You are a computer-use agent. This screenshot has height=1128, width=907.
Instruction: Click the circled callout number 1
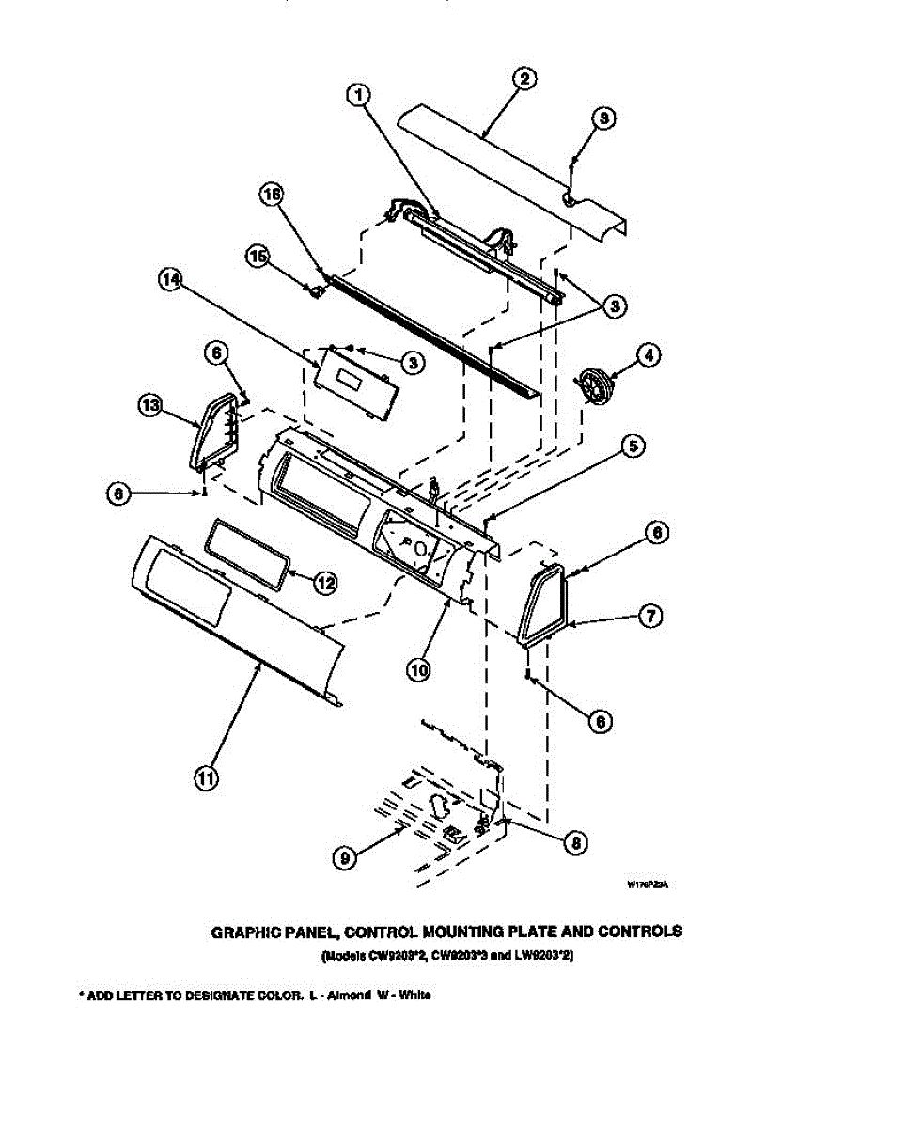tap(358, 94)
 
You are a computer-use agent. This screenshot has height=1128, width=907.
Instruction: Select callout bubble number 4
tap(648, 355)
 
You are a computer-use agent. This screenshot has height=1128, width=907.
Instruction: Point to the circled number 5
tap(635, 447)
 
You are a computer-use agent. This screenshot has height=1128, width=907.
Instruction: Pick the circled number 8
tap(575, 843)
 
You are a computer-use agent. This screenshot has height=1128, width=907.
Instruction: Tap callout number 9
tap(345, 857)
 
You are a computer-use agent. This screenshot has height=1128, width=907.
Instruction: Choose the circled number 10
tap(418, 669)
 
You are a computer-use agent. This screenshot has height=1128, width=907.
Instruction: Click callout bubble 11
tap(206, 778)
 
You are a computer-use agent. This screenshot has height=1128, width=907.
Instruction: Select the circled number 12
tap(324, 583)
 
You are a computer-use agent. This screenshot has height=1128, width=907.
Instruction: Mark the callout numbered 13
tap(149, 405)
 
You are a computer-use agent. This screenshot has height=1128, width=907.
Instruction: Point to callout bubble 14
tap(170, 282)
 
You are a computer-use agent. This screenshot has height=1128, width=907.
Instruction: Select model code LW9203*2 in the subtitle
tap(543, 956)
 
